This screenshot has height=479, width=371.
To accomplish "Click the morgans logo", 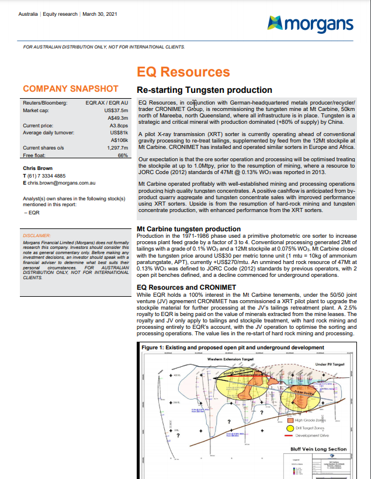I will point(310,23).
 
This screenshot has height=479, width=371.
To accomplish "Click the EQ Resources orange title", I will point(183,72).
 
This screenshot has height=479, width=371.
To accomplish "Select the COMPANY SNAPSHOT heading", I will point(70,89).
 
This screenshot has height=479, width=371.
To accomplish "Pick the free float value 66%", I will point(123,155).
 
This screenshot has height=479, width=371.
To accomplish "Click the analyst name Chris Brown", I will point(38,168).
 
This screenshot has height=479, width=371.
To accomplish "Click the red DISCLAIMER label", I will point(39,235).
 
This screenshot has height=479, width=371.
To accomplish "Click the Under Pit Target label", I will point(330,364).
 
